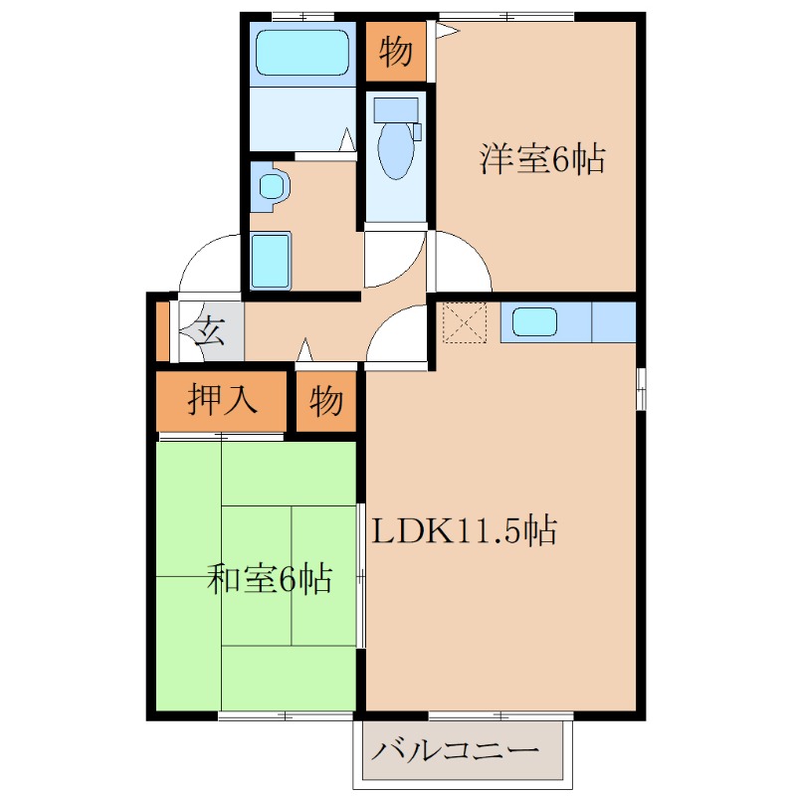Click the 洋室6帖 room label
(542, 159)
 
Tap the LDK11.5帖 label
(464, 530)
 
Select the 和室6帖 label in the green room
(269, 578)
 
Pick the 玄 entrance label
(210, 329)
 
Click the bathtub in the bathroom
(302, 53)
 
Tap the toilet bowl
(395, 149)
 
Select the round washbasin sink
(271, 186)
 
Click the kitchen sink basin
(535, 321)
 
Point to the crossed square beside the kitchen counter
(462, 322)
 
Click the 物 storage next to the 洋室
(396, 52)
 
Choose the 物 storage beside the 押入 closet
(326, 401)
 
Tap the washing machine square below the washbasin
(271, 261)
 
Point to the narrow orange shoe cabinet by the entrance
(163, 329)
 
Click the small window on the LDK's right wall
(641, 388)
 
